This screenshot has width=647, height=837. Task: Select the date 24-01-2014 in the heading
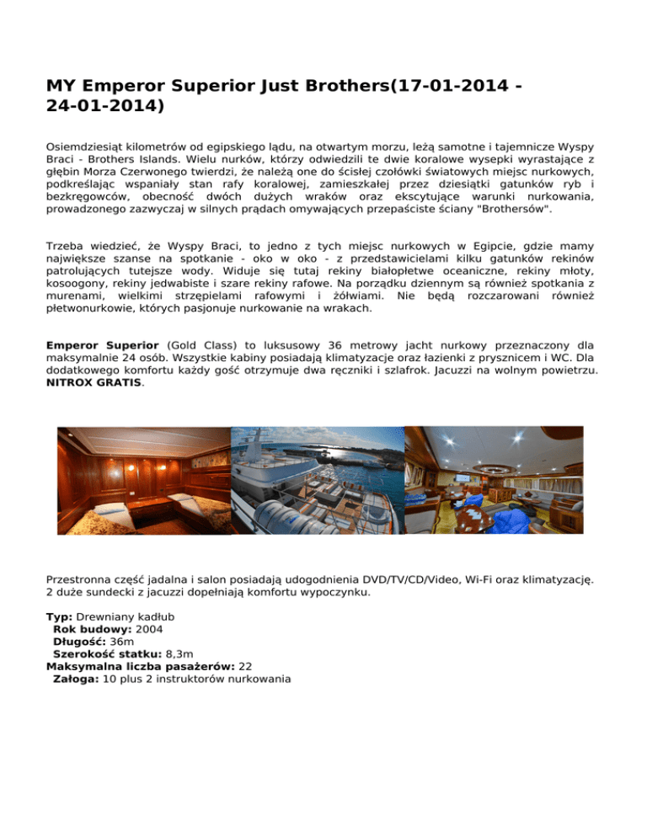(104, 107)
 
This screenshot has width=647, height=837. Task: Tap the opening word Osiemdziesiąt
(90, 146)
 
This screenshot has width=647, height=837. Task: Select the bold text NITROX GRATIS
(94, 381)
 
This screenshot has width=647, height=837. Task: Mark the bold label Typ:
(60, 617)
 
